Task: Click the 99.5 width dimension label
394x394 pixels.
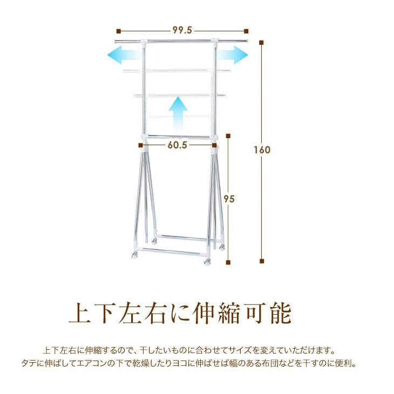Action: pos(182,30)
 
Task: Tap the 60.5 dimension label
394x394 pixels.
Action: pos(177,145)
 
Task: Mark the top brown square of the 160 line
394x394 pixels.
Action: pos(262,42)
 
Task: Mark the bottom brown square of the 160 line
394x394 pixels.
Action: pos(262,262)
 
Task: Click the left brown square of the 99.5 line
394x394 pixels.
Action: pos(118,31)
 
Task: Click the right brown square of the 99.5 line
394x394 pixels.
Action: pos(246,31)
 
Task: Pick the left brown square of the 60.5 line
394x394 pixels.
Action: pos(140,145)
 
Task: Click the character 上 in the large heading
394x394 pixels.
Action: pos(80,313)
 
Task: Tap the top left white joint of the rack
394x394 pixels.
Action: pos(144,42)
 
